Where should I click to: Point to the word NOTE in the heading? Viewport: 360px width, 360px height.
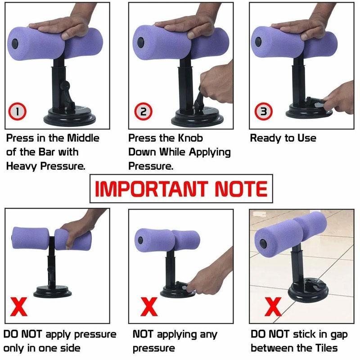point(241,189)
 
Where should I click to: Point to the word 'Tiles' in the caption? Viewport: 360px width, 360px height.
point(323,348)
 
